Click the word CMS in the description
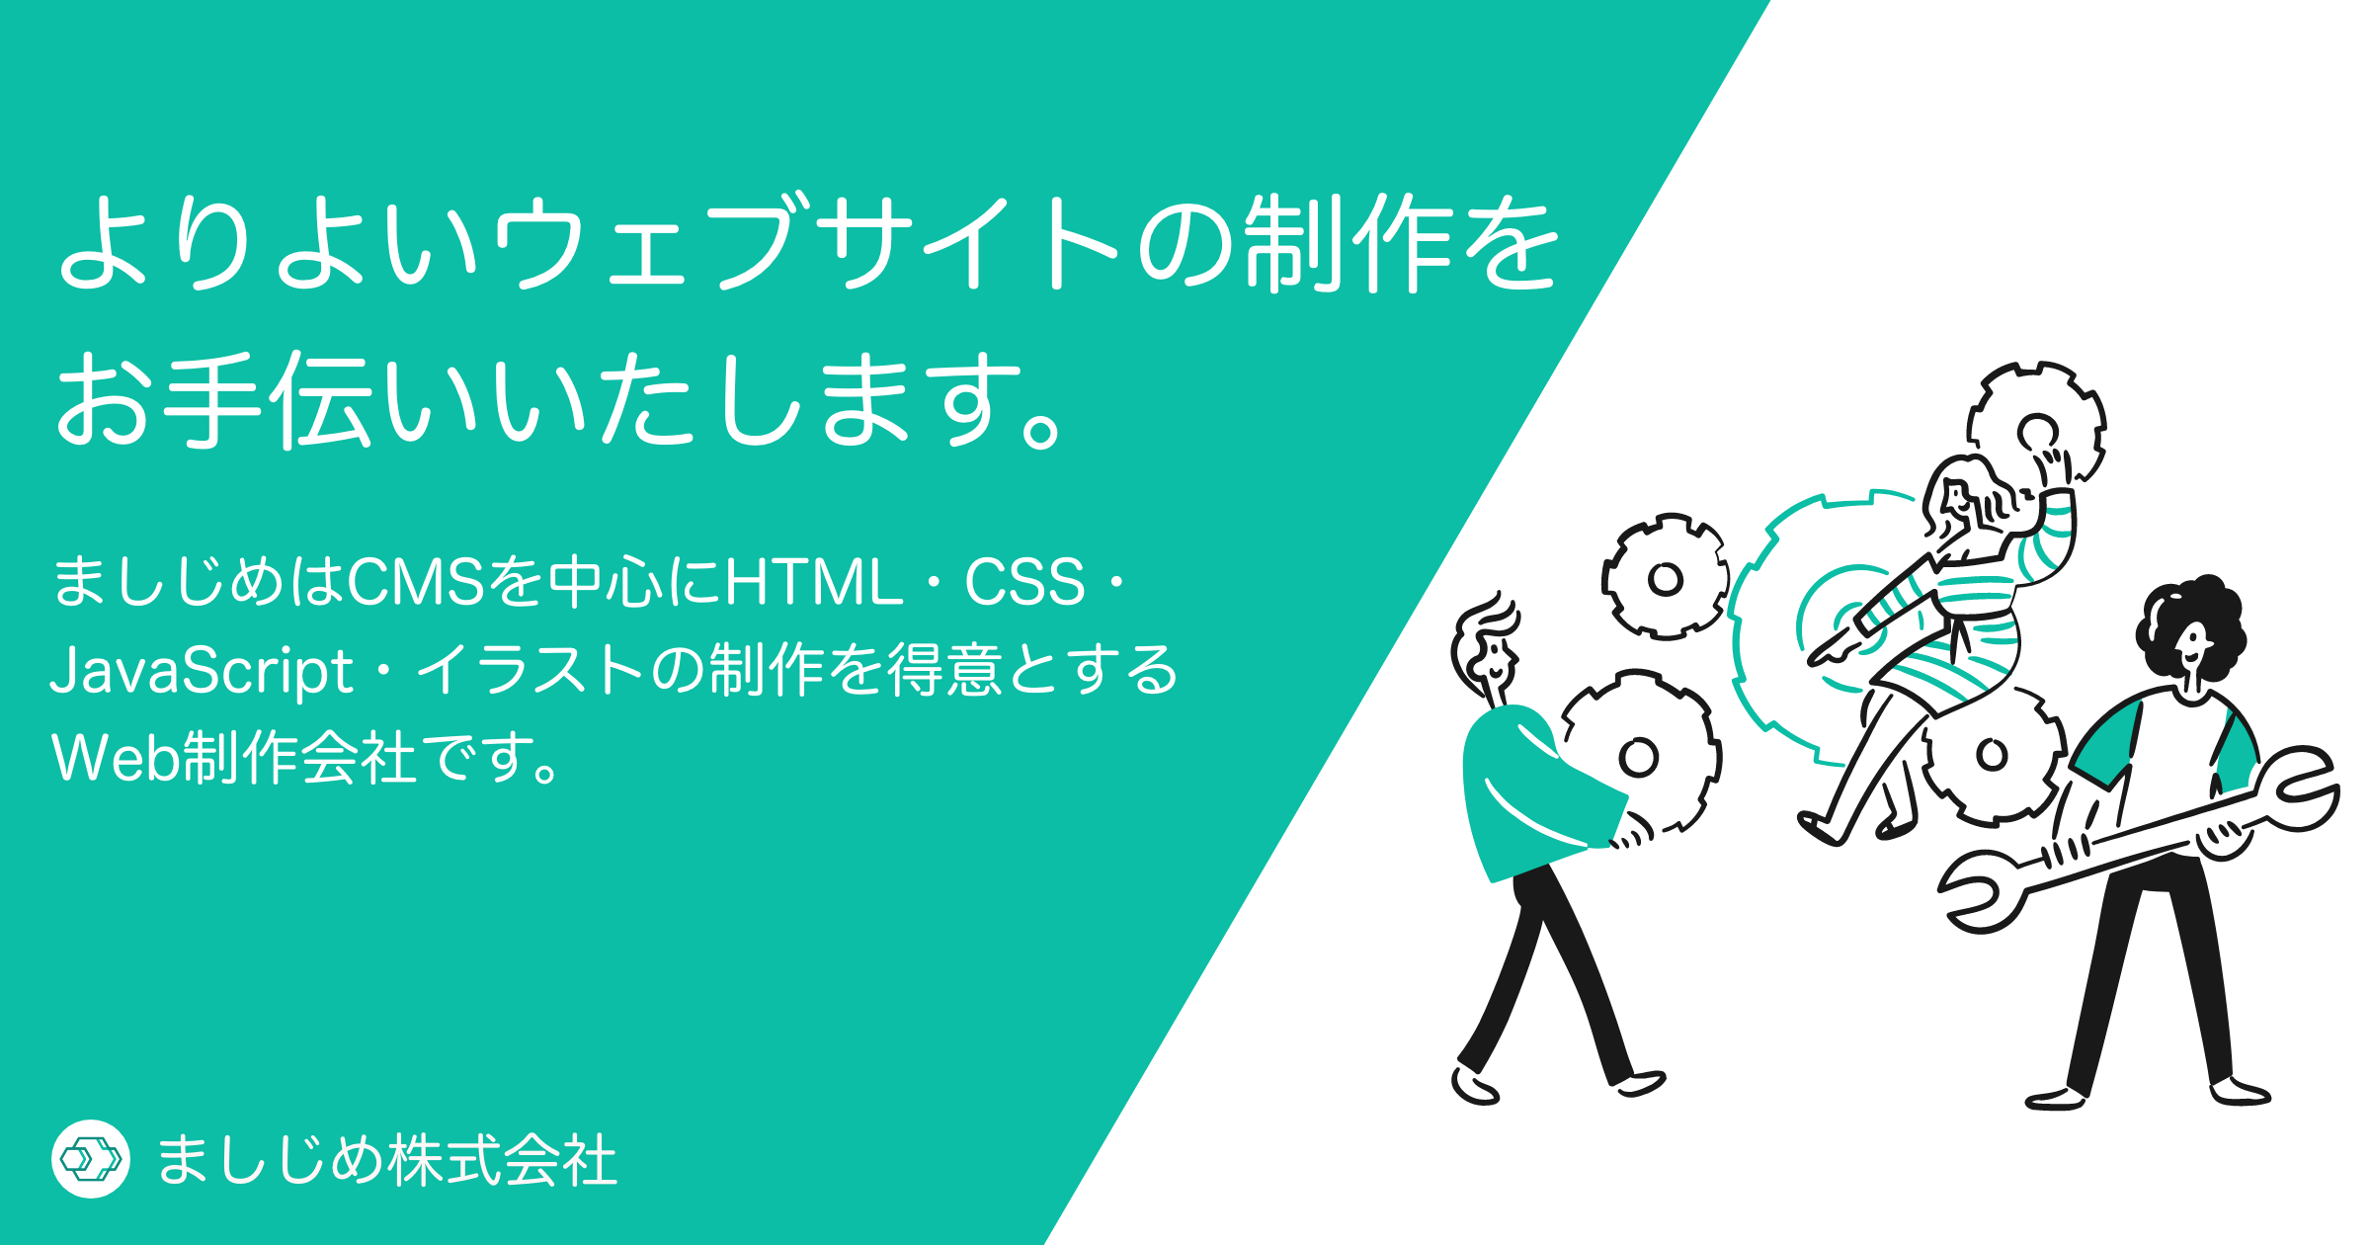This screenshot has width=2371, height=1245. pyautogui.click(x=416, y=581)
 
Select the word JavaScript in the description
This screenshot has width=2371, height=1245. pyautogui.click(x=202, y=671)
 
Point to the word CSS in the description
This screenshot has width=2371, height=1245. pyautogui.click(x=1025, y=581)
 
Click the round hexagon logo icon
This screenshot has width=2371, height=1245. pyautogui.click(x=91, y=1159)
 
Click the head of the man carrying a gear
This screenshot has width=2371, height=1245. pyautogui.click(x=1488, y=648)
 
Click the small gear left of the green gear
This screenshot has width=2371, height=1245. pyautogui.click(x=1666, y=577)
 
